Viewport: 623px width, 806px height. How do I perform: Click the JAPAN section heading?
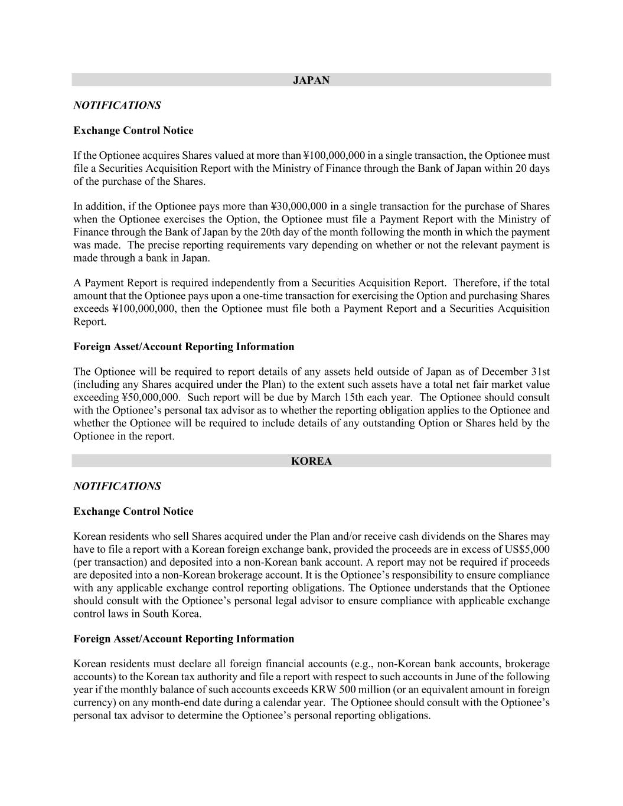[311, 80]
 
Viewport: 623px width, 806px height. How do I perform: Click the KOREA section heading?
[311, 461]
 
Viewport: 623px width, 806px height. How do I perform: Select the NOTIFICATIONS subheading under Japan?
[117, 105]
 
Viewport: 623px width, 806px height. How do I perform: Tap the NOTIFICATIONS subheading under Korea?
[117, 486]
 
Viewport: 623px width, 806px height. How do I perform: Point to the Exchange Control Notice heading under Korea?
[133, 511]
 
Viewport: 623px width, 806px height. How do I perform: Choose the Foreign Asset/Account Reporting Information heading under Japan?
[184, 347]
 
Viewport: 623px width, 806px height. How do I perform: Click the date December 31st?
[516, 371]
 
